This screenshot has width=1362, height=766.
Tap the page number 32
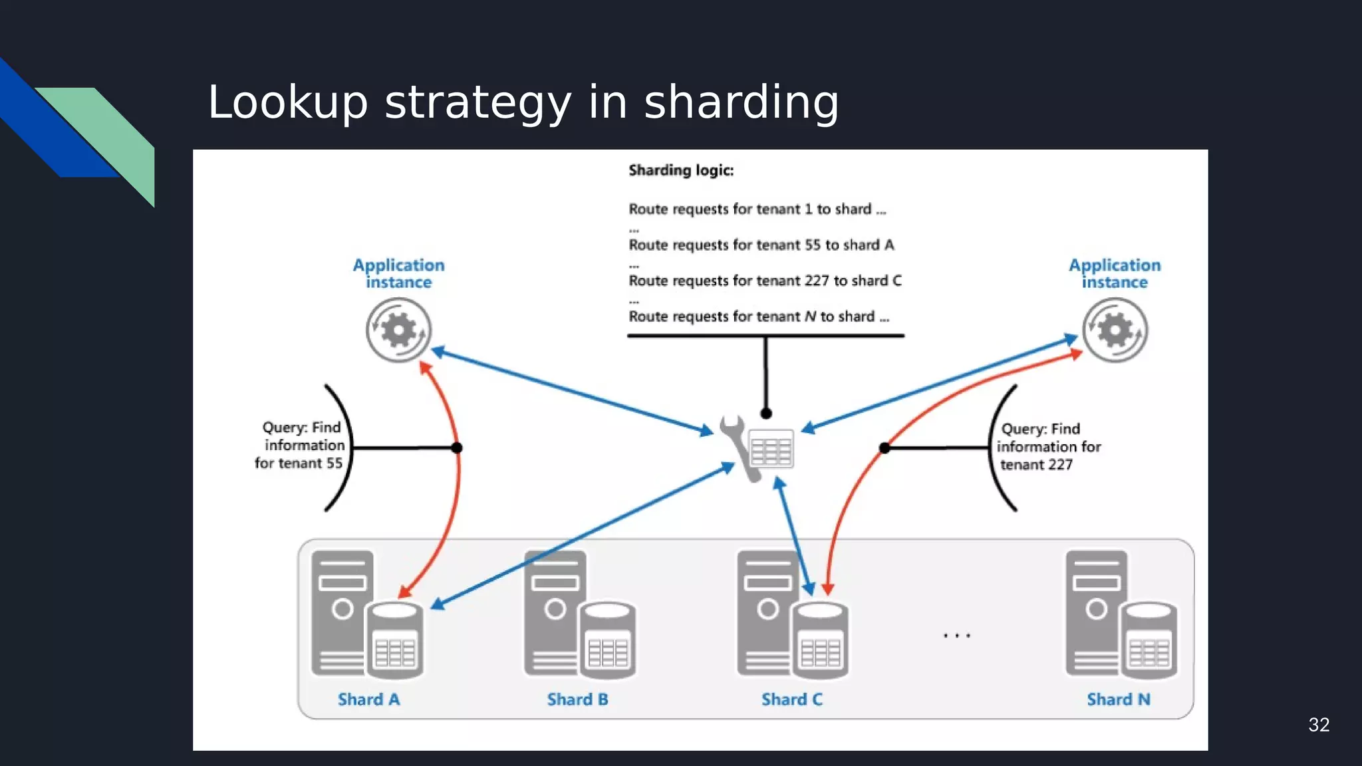[1318, 725]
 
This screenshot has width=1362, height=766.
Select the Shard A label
[368, 700]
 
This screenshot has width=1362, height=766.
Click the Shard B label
[577, 700]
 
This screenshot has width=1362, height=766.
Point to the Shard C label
[791, 700]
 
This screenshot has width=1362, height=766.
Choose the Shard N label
[1118, 700]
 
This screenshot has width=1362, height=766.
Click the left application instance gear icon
[398, 330]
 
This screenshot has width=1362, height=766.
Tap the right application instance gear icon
[1115, 330]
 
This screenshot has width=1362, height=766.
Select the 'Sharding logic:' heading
[681, 170]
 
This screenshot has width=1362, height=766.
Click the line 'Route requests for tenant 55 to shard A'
[761, 245]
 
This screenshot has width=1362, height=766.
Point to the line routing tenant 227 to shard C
[765, 281]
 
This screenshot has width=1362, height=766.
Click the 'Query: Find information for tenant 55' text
[301, 445]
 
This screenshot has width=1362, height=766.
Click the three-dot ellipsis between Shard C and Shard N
[956, 636]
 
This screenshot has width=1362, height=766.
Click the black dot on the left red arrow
[456, 447]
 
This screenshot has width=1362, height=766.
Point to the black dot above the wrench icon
[766, 414]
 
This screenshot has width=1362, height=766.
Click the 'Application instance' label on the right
[1115, 273]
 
